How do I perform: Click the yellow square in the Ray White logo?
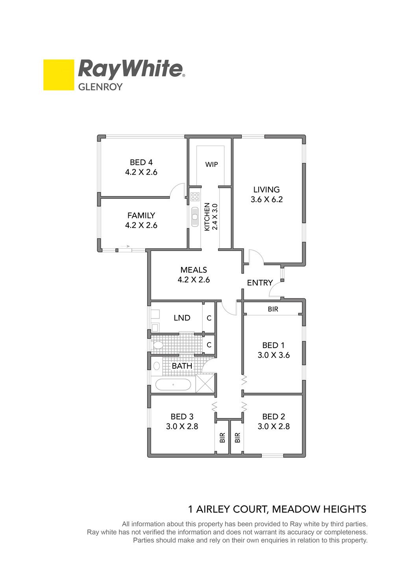pos(59,75)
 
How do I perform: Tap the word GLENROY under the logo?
pos(100,87)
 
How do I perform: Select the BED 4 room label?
pos(141,162)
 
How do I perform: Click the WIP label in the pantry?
pos(212,165)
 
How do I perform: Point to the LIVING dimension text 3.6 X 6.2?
pos(266,199)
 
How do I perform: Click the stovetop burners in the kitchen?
pos(195,197)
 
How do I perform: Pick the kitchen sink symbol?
pos(195,217)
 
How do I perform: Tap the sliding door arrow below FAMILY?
pos(126,246)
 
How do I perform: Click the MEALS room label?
pos(194,270)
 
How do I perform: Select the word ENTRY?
pos(260,283)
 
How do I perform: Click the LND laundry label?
pos(182,318)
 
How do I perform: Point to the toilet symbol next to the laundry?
pos(158,345)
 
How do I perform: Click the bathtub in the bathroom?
pos(173,385)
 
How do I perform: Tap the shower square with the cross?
pos(205,383)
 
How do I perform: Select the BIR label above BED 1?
pos(273,309)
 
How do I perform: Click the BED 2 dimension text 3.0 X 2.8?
pos(274,426)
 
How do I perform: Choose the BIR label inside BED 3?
pos(222,438)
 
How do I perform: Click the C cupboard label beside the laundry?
pos(209,318)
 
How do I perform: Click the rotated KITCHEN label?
pos(207,217)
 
